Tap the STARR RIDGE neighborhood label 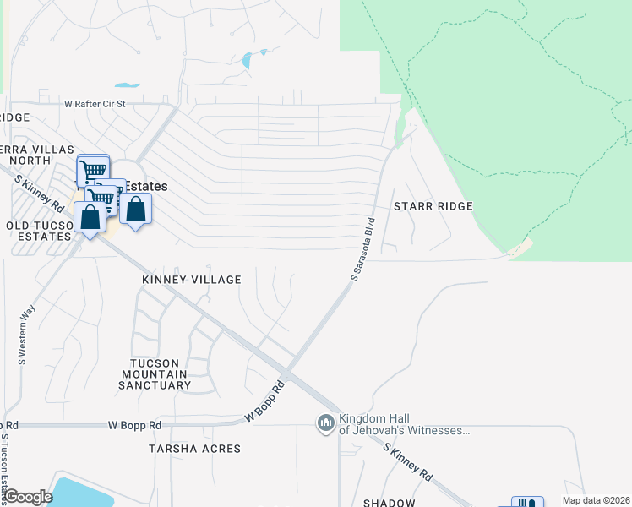[433, 206]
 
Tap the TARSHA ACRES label [194, 449]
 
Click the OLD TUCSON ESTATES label [37, 231]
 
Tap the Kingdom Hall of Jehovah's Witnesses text [403, 425]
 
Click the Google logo [28, 497]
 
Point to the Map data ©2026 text [597, 501]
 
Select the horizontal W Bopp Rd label [133, 425]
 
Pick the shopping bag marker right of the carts [136, 208]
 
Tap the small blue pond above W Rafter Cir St [127, 85]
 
